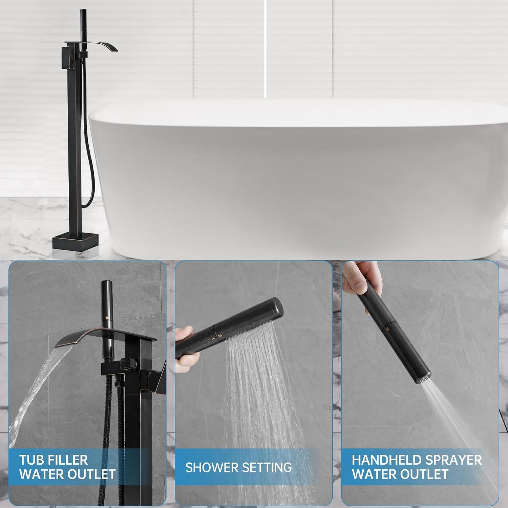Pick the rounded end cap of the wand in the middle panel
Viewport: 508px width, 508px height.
tap(278, 306)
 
